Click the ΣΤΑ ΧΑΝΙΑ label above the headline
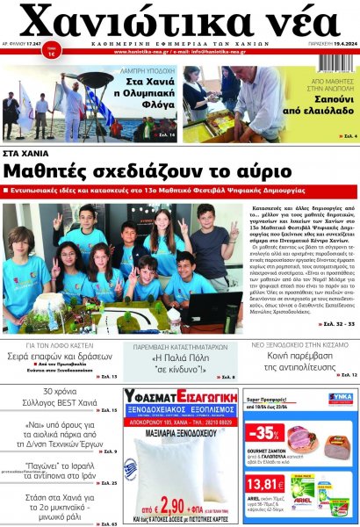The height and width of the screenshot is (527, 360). click(31, 152)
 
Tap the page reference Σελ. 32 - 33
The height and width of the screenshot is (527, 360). click(336, 324)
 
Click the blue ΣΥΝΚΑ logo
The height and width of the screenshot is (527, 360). click(341, 397)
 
